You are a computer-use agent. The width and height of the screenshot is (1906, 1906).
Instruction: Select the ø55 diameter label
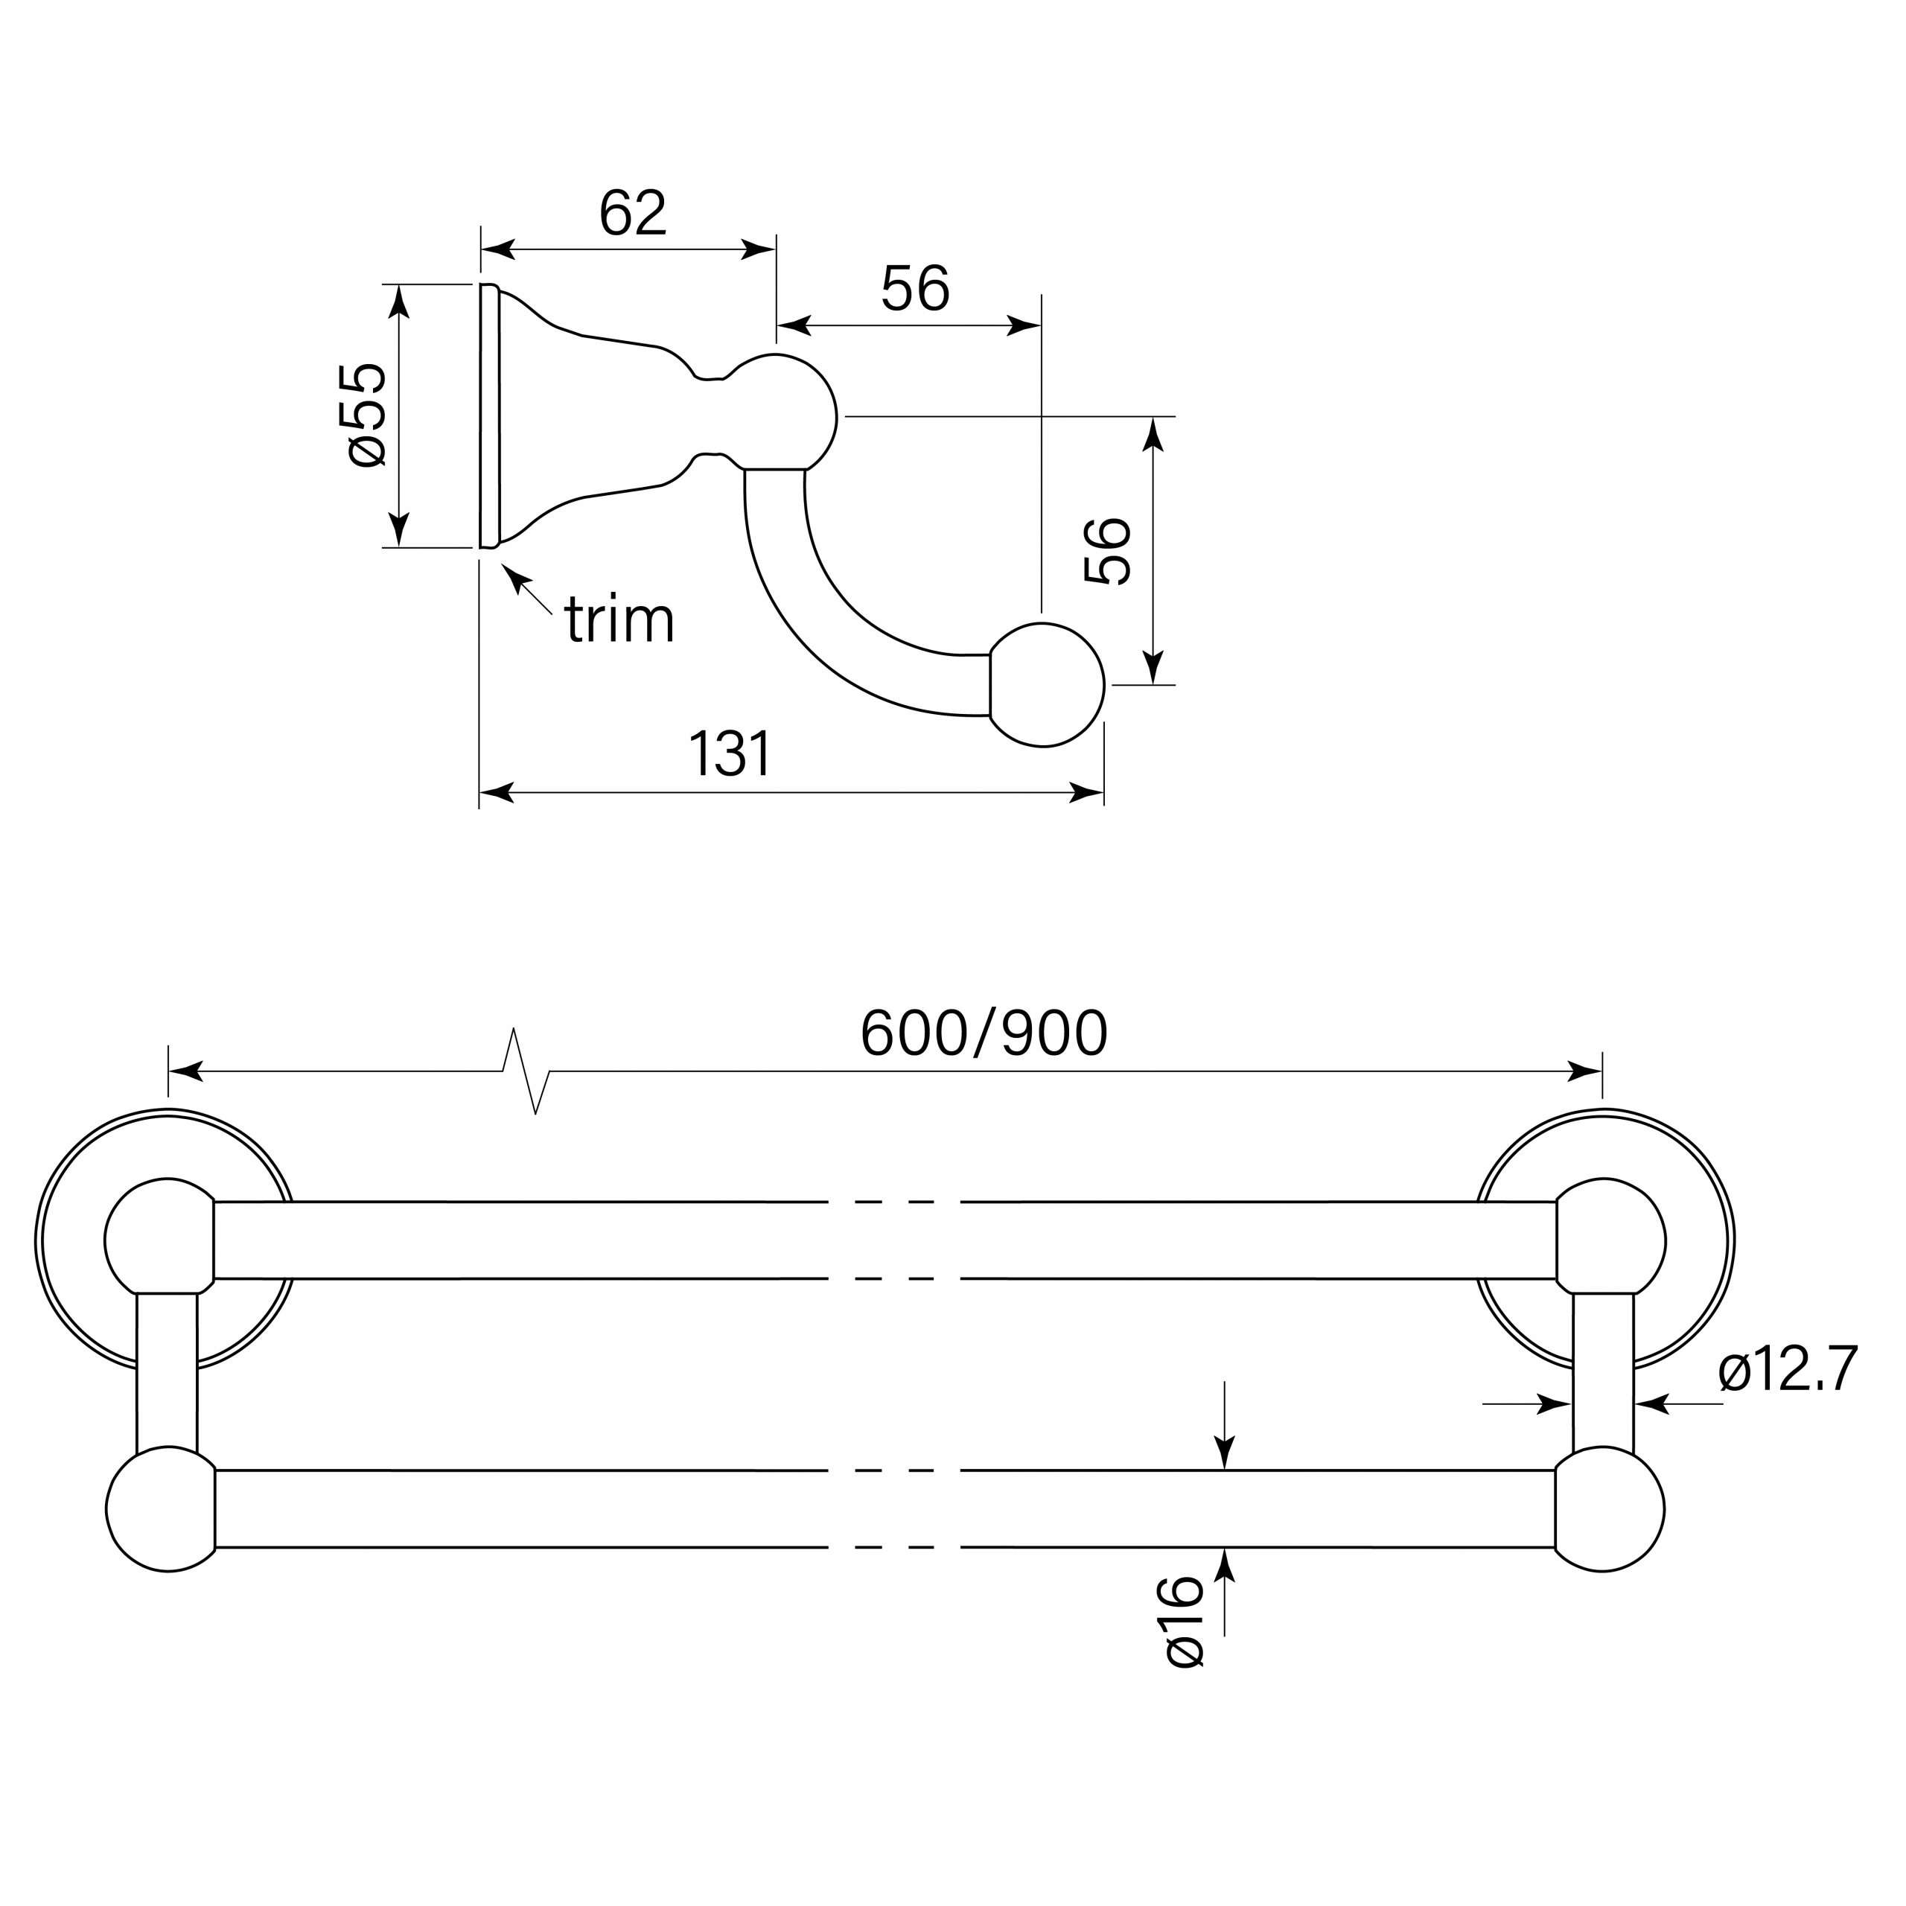point(367,415)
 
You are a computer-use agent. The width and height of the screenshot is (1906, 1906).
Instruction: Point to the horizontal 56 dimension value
point(914,289)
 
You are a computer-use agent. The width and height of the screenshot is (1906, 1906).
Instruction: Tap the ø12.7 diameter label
point(1787,1370)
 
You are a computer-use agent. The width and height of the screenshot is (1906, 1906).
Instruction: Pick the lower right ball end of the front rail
point(1610,1509)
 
